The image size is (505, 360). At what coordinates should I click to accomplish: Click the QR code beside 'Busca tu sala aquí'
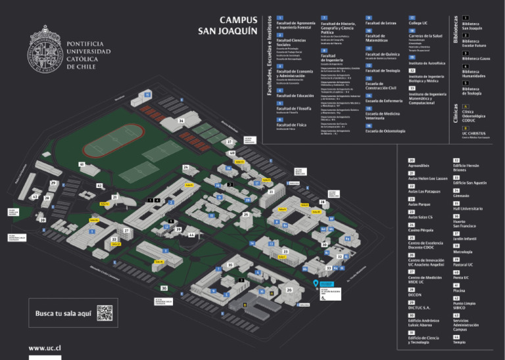[105, 313]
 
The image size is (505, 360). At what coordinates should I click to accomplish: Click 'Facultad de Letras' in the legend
[380, 22]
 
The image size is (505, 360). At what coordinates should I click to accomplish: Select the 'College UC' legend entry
[419, 22]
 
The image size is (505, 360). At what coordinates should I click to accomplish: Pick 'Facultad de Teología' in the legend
[382, 70]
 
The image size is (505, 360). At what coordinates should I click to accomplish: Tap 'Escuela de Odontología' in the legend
[385, 131]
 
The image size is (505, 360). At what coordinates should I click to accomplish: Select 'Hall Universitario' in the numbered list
[467, 208]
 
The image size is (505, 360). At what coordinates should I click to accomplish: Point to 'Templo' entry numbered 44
[459, 342]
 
